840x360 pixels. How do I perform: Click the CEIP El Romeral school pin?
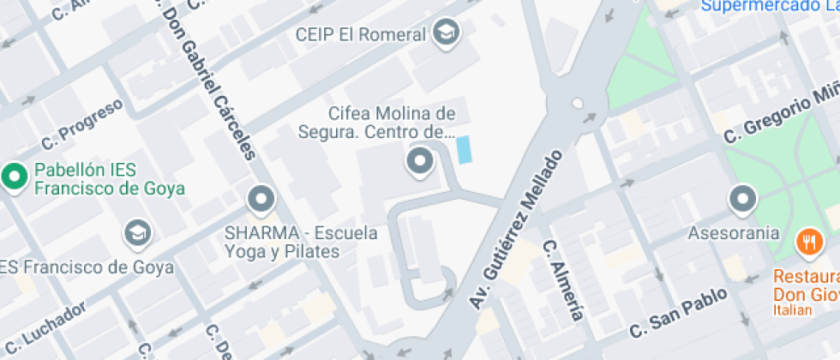[447, 33]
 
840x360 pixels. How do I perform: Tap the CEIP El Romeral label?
[360, 35]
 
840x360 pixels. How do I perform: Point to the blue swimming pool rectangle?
[464, 150]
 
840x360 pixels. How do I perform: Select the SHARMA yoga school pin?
[260, 201]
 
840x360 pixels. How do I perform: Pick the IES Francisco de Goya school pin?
[136, 231]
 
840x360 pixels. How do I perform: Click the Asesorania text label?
[734, 232]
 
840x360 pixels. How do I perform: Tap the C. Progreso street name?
[82, 123]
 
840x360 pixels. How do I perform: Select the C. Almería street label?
[563, 279]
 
